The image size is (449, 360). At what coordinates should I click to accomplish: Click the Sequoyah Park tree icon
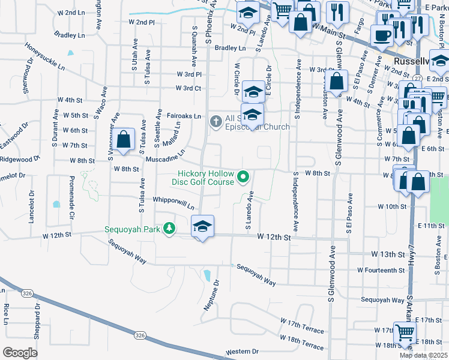[170, 228]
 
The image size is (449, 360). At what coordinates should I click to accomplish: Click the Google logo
[20, 352]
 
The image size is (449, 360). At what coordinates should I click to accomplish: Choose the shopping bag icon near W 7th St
[124, 139]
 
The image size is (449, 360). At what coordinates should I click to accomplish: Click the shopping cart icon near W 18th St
[403, 332]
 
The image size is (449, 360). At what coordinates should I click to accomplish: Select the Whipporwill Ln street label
[173, 203]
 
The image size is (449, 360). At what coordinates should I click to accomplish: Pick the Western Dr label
[242, 352]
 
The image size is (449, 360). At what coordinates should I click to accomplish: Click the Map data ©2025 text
[423, 356]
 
